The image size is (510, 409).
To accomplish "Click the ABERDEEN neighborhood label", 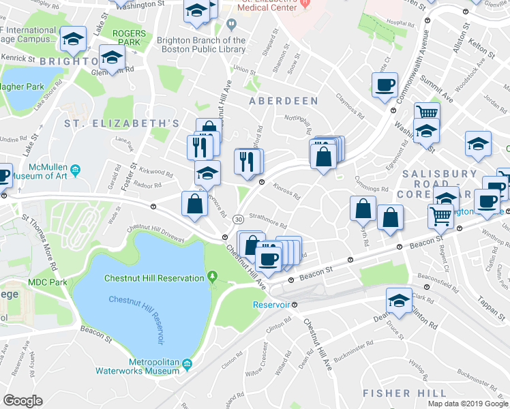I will coord(283,101).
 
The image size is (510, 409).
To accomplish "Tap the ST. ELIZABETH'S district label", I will coord(121,123).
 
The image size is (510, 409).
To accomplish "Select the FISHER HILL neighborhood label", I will coord(396,393).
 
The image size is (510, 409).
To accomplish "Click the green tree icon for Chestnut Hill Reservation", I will coord(213,276).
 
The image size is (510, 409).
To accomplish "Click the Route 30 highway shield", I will coord(237,219).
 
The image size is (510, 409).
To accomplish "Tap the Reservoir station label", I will coord(271,305).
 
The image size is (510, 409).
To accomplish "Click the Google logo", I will coord(22,400).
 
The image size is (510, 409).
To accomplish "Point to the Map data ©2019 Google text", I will coord(468,404).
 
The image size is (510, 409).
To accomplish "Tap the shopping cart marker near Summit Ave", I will coord(426,112).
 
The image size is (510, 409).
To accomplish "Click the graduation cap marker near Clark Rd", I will coord(398,301).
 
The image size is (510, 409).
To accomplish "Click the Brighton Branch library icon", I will coord(232,25).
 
